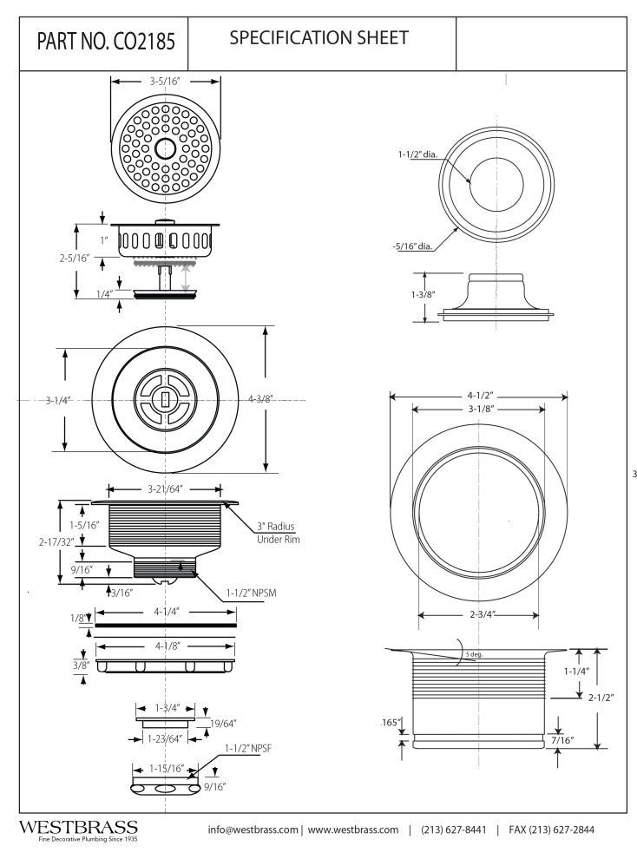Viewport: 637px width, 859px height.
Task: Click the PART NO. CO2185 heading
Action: [105, 43]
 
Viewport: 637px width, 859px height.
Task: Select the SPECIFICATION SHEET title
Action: [318, 38]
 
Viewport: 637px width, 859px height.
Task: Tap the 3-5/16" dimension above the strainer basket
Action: [163, 82]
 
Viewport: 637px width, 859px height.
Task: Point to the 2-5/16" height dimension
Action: [73, 258]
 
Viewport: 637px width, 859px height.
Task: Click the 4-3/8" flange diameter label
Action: [261, 400]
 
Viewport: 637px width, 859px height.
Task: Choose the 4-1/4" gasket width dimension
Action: [166, 611]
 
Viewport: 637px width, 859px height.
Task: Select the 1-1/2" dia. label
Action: [417, 154]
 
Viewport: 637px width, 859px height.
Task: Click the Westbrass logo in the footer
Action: [78, 829]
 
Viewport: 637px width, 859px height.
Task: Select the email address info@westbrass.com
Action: [253, 829]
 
